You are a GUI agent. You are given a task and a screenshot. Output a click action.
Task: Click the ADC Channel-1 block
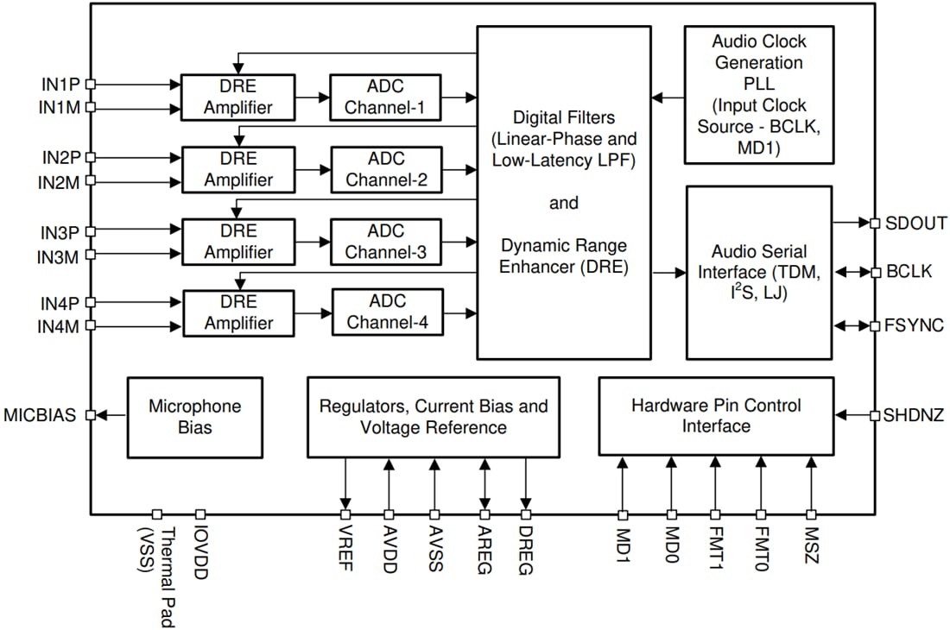tap(384, 98)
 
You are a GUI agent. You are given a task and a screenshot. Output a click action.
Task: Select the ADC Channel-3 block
tap(385, 243)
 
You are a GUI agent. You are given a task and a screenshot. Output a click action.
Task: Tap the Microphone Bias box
tap(195, 417)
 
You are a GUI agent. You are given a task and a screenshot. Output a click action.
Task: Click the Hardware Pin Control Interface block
tap(716, 416)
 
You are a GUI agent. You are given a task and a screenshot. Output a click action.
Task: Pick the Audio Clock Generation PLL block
tap(758, 95)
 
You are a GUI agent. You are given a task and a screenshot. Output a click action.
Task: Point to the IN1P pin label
tap(59, 85)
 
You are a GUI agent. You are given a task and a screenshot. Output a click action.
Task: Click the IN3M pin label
tap(58, 256)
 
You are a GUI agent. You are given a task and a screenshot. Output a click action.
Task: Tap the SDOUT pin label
tap(916, 223)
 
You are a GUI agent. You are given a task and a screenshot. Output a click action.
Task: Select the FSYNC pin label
tap(915, 326)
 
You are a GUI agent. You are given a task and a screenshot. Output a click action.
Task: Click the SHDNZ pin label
tap(914, 416)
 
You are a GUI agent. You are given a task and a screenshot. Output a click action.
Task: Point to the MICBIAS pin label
tap(41, 416)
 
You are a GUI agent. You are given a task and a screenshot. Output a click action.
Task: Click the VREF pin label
tap(346, 545)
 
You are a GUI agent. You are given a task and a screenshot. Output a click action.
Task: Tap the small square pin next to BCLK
tap(875, 272)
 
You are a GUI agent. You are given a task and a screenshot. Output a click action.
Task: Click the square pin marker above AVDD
tap(389, 514)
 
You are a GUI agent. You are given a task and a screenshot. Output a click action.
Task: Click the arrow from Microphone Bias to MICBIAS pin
tap(111, 416)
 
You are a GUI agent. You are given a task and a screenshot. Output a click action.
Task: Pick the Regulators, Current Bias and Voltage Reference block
tap(434, 417)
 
